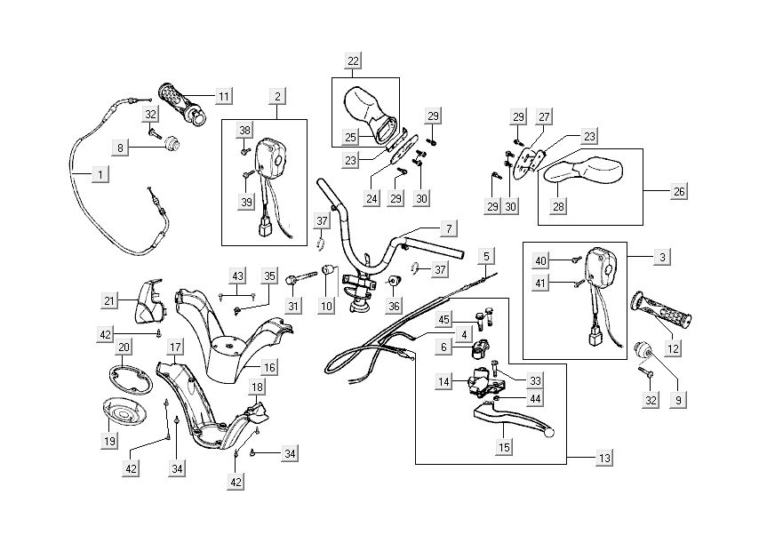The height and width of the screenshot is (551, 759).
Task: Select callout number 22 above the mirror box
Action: tap(354, 61)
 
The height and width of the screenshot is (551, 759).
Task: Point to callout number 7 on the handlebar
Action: tap(450, 229)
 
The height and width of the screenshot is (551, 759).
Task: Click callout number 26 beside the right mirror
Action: tap(677, 191)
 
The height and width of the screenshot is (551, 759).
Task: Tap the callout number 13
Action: tap(604, 459)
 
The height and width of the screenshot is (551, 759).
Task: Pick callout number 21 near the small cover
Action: tap(108, 301)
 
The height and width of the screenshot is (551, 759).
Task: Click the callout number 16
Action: tap(269, 367)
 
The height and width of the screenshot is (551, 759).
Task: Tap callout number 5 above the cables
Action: tap(485, 257)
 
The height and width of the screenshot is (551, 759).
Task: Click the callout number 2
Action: tap(277, 96)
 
